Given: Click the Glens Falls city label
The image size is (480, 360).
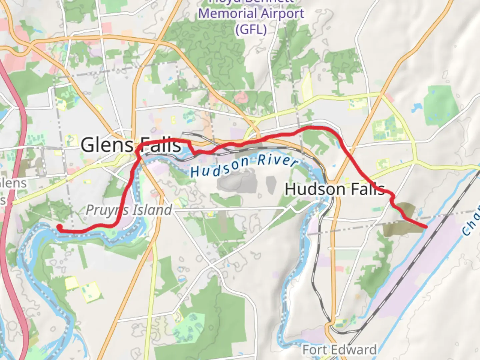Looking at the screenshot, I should tap(131, 145).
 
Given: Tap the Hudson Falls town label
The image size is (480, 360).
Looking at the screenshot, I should tap(335, 189).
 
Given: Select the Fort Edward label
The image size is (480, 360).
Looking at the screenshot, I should tap(339, 350).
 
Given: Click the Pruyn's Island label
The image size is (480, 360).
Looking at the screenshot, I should tap(129, 210).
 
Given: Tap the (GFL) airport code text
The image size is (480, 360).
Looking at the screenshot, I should tap(251, 29).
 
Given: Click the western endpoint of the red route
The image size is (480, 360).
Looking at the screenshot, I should tap(60, 227).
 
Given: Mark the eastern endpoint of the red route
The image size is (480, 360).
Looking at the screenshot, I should tap(426, 227).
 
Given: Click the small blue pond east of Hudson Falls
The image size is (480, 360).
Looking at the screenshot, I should tap(416, 108).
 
